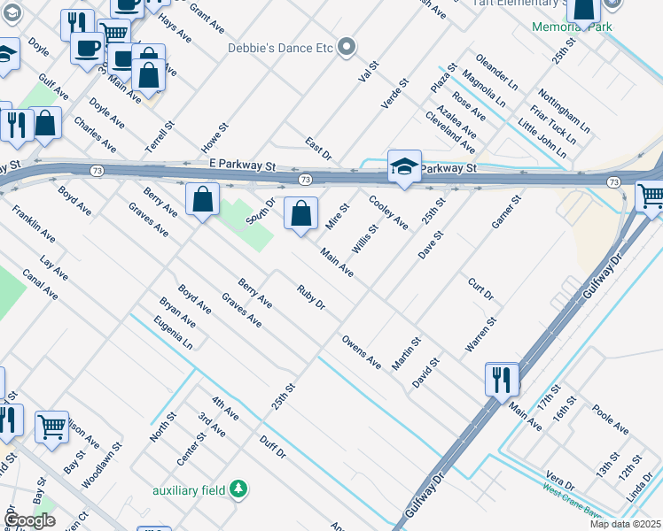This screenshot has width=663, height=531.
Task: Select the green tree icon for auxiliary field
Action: pyautogui.click(x=238, y=489)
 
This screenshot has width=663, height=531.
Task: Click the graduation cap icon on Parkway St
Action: pyautogui.click(x=404, y=167)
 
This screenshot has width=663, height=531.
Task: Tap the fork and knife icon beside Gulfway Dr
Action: pyautogui.click(x=502, y=380)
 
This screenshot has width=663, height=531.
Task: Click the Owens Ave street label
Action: pyautogui.click(x=362, y=351)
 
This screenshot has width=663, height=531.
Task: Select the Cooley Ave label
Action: pyautogui.click(x=388, y=212)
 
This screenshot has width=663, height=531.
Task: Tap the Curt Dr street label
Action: pyautogui.click(x=480, y=288)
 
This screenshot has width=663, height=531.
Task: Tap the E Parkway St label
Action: pyautogui.click(x=244, y=165)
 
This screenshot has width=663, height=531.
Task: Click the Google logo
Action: pyautogui.click(x=30, y=519)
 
